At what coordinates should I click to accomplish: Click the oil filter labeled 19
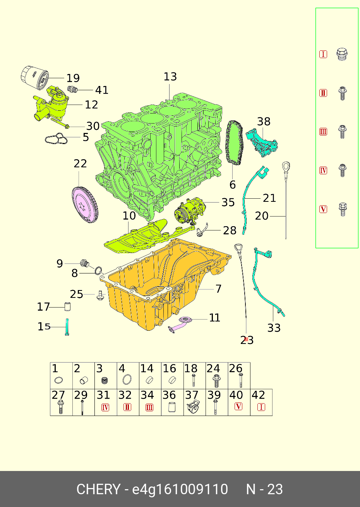(x=34, y=78)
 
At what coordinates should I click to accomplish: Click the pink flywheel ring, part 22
(x=86, y=205)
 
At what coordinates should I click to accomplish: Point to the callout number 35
(x=228, y=202)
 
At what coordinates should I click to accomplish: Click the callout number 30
(x=93, y=126)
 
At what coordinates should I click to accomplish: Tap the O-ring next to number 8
(x=98, y=270)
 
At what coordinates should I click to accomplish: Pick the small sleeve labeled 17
(x=68, y=307)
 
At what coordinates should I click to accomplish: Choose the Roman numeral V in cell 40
(x=239, y=406)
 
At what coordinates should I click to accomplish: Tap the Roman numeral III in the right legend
(x=323, y=132)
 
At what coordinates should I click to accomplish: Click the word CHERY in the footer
(x=99, y=489)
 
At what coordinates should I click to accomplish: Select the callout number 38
(x=264, y=122)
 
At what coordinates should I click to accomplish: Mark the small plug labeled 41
(x=72, y=90)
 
